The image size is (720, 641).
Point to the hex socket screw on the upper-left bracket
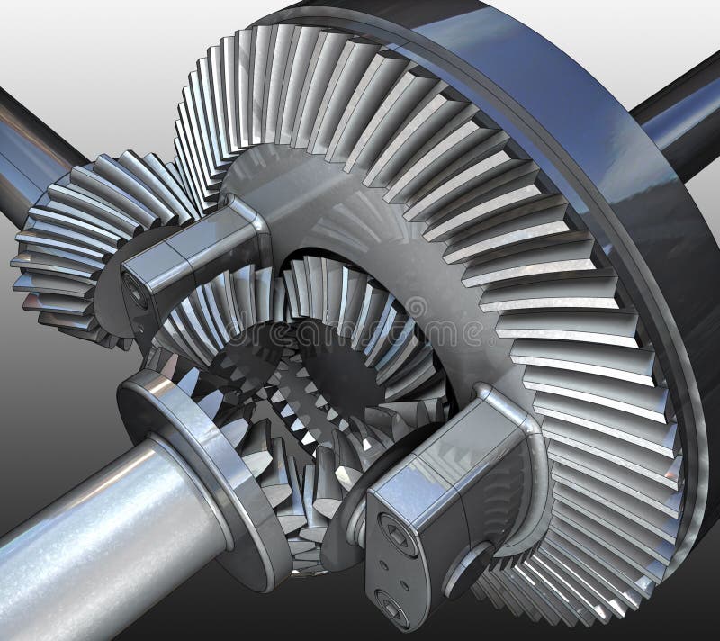click(x=136, y=290)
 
